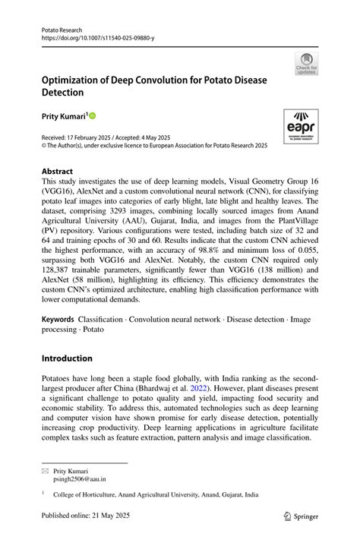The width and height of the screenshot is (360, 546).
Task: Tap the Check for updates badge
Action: (x=306, y=63)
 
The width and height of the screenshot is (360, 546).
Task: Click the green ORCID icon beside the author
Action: (x=93, y=116)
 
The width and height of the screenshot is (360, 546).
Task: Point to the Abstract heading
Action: (x=58, y=172)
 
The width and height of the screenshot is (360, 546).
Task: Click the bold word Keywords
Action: (x=58, y=320)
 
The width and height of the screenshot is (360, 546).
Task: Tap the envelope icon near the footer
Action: (x=45, y=471)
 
